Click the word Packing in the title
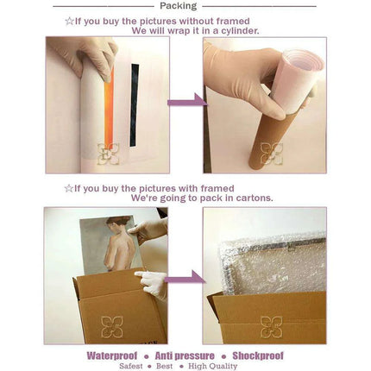pyautogui.click(x=179, y=6)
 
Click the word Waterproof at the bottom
pyautogui.click(x=112, y=355)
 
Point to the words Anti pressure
pyautogui.click(x=185, y=355)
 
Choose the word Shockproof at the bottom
pyautogui.click(x=258, y=355)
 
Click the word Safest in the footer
pyautogui.click(x=131, y=366)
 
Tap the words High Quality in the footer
pyautogui.click(x=213, y=366)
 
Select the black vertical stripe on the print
pyautogui.click(x=135, y=105)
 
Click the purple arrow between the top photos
pyautogui.click(x=187, y=101)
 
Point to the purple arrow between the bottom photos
pyautogui.click(x=185, y=278)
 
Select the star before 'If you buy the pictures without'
pyautogui.click(x=69, y=21)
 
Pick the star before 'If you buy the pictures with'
pyautogui.click(x=69, y=189)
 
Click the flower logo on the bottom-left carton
pyautogui.click(x=112, y=327)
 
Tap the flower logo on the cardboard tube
pyautogui.click(x=272, y=154)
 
